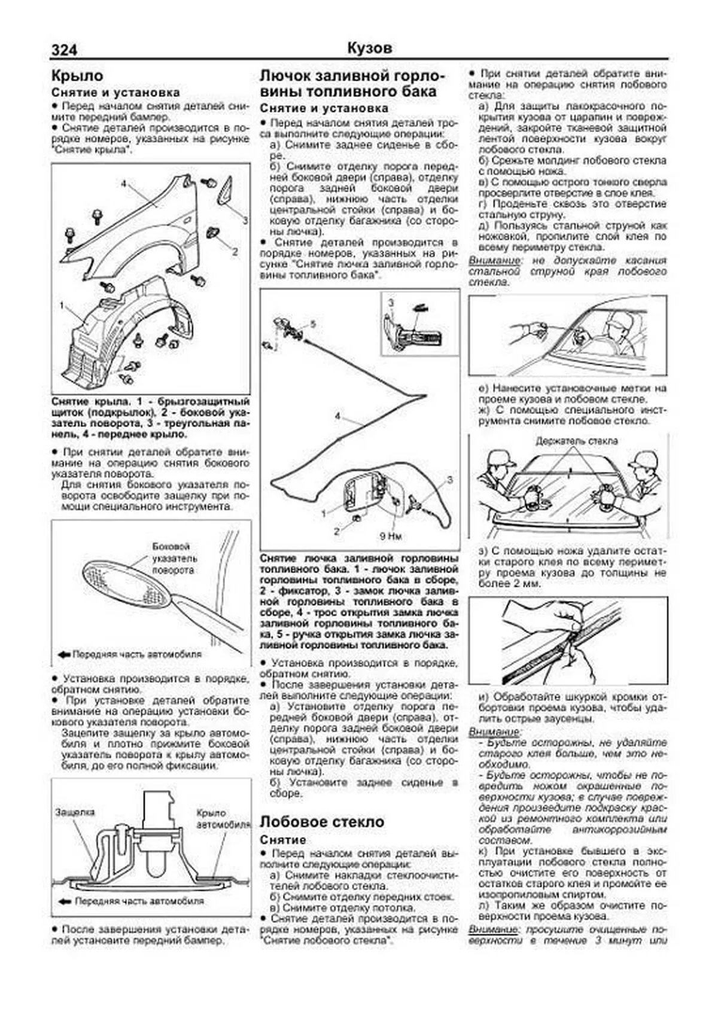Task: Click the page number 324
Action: coord(64,50)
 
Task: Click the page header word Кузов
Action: coord(369,48)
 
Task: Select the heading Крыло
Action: coord(77,76)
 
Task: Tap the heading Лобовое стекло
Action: coord(321,822)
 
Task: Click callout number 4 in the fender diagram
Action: coord(124,184)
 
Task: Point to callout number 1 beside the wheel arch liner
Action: coord(62,305)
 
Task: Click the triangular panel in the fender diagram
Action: coord(227,191)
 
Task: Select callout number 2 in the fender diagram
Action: coord(235,252)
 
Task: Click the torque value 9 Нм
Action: coord(390,535)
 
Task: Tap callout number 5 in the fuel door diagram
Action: coord(312,324)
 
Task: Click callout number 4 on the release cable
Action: coord(337,416)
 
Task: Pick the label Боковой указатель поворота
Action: coord(172,558)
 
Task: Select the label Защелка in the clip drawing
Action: coord(75,812)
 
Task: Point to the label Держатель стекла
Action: coord(577,441)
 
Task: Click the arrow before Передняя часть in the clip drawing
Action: coord(64,901)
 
